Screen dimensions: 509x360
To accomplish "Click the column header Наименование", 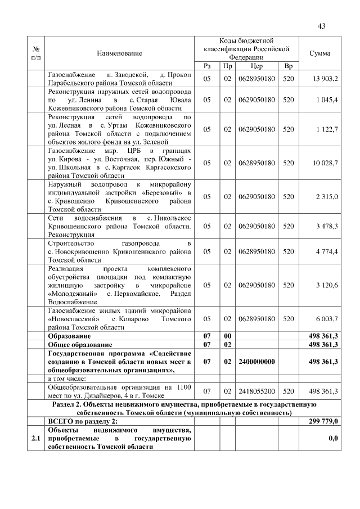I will (x=119, y=53).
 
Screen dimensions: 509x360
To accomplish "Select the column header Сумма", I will (x=319, y=53).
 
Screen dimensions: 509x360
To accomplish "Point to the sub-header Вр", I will (x=288, y=66).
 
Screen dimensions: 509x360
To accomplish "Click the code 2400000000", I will (x=256, y=361).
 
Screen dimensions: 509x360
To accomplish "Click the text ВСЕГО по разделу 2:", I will (x=82, y=421).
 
